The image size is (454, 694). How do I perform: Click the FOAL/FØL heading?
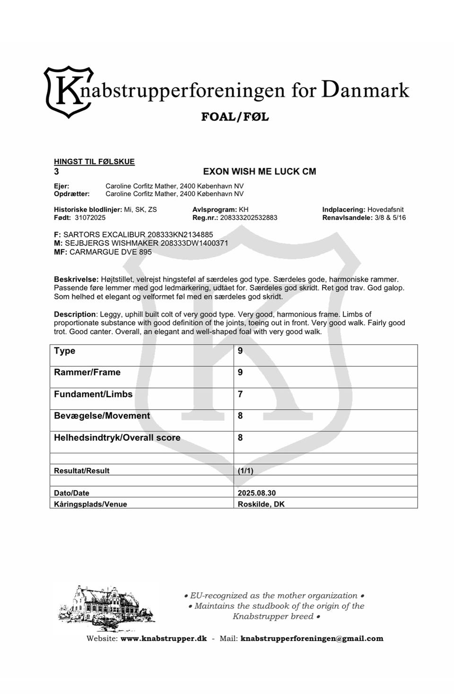coord(235,117)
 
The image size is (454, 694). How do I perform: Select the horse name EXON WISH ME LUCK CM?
coord(259,172)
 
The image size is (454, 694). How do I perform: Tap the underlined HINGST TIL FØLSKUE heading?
coord(94,162)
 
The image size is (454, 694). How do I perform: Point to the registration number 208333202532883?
coord(248,218)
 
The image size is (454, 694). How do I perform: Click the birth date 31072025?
coord(90,218)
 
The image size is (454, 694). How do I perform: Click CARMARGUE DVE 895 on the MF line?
coord(111,252)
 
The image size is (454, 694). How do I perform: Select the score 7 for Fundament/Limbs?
coord(240,394)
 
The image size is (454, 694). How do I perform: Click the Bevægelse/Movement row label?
coord(102,416)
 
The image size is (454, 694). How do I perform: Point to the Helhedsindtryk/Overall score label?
coord(117,438)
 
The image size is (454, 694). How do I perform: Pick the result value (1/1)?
coord(245,471)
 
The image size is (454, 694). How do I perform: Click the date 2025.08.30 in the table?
coord(256,493)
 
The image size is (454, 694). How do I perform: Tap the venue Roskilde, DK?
coord(261,504)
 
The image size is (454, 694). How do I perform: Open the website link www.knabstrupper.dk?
coord(164,639)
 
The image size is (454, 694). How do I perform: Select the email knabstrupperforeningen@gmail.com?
coord(312,639)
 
